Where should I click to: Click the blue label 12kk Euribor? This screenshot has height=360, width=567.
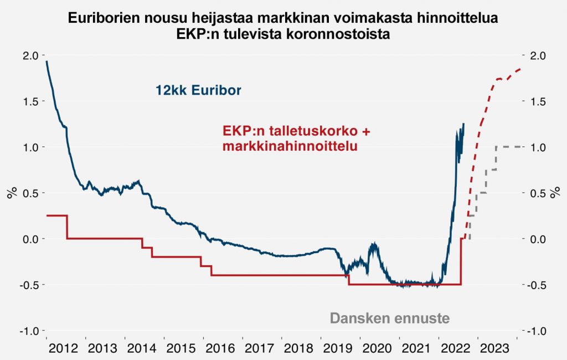click(x=198, y=90)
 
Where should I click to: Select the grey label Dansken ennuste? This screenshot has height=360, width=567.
click(x=389, y=318)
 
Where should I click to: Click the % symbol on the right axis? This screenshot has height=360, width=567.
click(x=555, y=193)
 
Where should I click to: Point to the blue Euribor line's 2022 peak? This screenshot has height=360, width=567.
click(x=463, y=124)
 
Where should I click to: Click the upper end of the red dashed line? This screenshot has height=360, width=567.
click(x=520, y=69)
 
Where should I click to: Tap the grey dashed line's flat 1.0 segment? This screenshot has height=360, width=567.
click(x=509, y=147)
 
